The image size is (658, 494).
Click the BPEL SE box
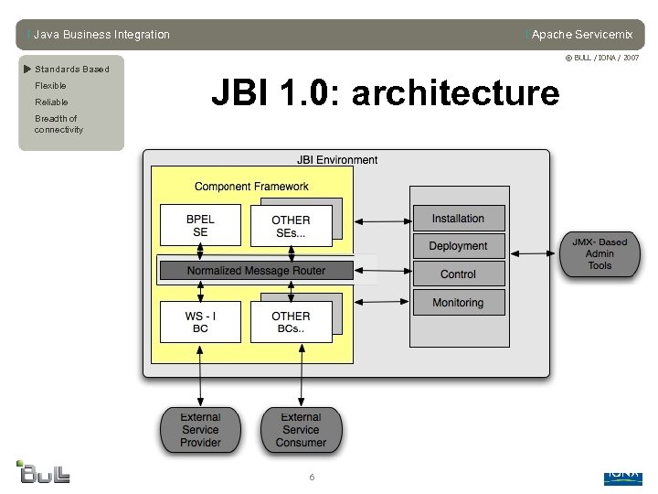pos(200,225)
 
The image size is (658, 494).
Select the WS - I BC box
pos(200,322)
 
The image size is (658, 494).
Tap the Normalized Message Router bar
pos(256,271)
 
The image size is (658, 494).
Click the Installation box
pos(458,219)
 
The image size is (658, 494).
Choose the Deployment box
pos(458,246)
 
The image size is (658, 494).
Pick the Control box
pos(458,274)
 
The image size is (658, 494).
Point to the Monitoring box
pos(458,303)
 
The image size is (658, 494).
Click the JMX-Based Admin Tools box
pos(600,254)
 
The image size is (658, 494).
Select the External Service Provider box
pos(200,430)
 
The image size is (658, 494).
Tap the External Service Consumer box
pos(301,430)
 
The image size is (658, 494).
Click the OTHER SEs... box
pos(291,226)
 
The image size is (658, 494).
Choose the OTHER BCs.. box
pos(291,322)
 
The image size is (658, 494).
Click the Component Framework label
pos(251,187)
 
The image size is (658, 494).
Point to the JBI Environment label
pos(337,160)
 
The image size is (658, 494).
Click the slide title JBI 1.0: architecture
pos(385,93)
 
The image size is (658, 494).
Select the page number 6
pos(312,478)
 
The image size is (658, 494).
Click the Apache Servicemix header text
pos(581,35)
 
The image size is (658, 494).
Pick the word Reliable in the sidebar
pos(51,102)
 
